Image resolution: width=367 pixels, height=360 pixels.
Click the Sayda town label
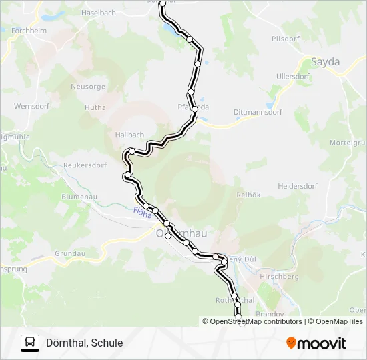click(x=325, y=62)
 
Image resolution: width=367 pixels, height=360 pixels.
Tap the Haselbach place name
click(x=99, y=13)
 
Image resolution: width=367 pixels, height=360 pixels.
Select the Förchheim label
click(x=27, y=30)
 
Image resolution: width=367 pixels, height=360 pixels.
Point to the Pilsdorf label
click(x=286, y=39)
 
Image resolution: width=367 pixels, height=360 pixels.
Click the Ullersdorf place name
click(x=293, y=77)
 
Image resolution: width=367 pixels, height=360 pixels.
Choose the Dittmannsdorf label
click(x=258, y=113)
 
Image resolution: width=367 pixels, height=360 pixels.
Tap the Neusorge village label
click(x=87, y=87)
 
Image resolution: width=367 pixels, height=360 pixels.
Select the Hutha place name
click(x=95, y=107)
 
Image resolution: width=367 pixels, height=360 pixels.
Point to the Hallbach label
click(x=129, y=135)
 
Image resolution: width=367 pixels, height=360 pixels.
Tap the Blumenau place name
click(x=79, y=197)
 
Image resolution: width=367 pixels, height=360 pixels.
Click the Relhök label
click(x=248, y=195)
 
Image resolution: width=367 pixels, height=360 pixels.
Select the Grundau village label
click(x=70, y=254)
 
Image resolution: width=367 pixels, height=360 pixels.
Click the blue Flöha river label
click(x=142, y=213)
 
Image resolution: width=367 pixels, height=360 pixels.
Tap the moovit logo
click(x=316, y=343)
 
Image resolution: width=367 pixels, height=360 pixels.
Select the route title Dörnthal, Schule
click(x=84, y=343)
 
